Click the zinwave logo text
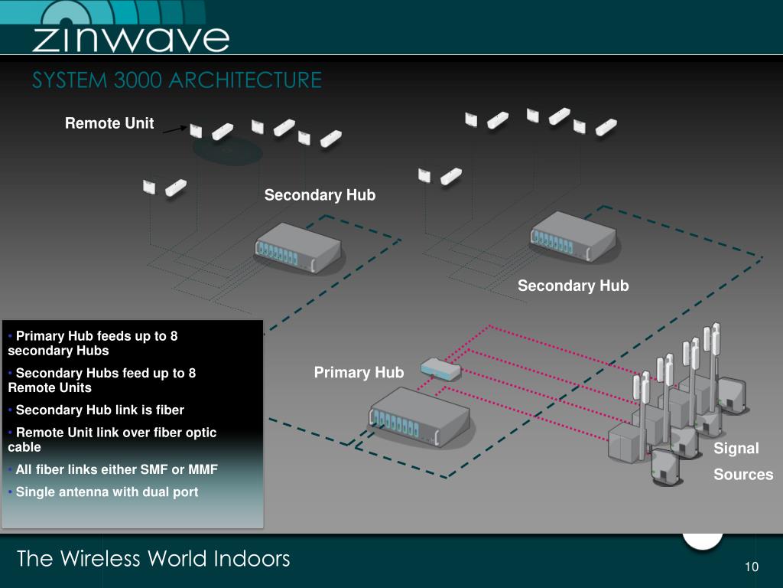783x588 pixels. [130, 38]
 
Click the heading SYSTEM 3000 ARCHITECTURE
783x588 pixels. [177, 80]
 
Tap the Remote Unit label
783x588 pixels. [109, 123]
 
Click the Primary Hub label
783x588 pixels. [359, 373]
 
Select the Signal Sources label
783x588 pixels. [742, 461]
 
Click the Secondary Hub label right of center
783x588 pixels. [573, 286]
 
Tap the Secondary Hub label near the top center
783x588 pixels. [320, 195]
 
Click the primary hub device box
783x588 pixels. [419, 417]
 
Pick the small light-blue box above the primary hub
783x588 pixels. [440, 369]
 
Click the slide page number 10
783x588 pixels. [751, 567]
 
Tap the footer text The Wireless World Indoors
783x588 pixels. [153, 559]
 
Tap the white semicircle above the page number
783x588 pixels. [702, 540]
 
